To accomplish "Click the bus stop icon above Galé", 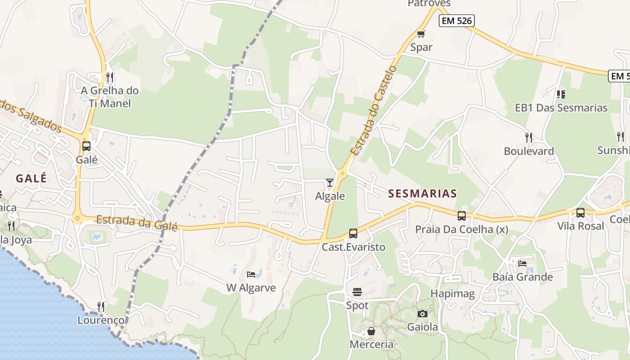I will pos(86,146).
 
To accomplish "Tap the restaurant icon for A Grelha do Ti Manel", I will pos(110,77).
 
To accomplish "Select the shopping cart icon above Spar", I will pos(421,34).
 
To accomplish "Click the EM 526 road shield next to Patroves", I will pos(457,21).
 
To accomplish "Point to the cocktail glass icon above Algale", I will pos(330,182).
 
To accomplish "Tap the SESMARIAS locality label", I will pos(423,194).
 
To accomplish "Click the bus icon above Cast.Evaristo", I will pos(353,234).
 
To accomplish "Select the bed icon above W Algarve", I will pos(251,274).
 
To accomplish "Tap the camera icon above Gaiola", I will pos(422,314).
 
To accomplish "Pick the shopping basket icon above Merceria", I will pos(371,332).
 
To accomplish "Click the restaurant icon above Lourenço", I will pos(101,307).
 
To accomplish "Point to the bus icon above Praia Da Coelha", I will pos(462,216).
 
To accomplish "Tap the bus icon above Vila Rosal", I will pos(580,212).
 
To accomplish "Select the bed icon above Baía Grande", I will pos(522,263).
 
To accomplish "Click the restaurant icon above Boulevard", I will pos(529,137).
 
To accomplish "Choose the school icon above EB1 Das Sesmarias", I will pos(561,94).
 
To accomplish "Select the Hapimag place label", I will pos(453,294).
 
